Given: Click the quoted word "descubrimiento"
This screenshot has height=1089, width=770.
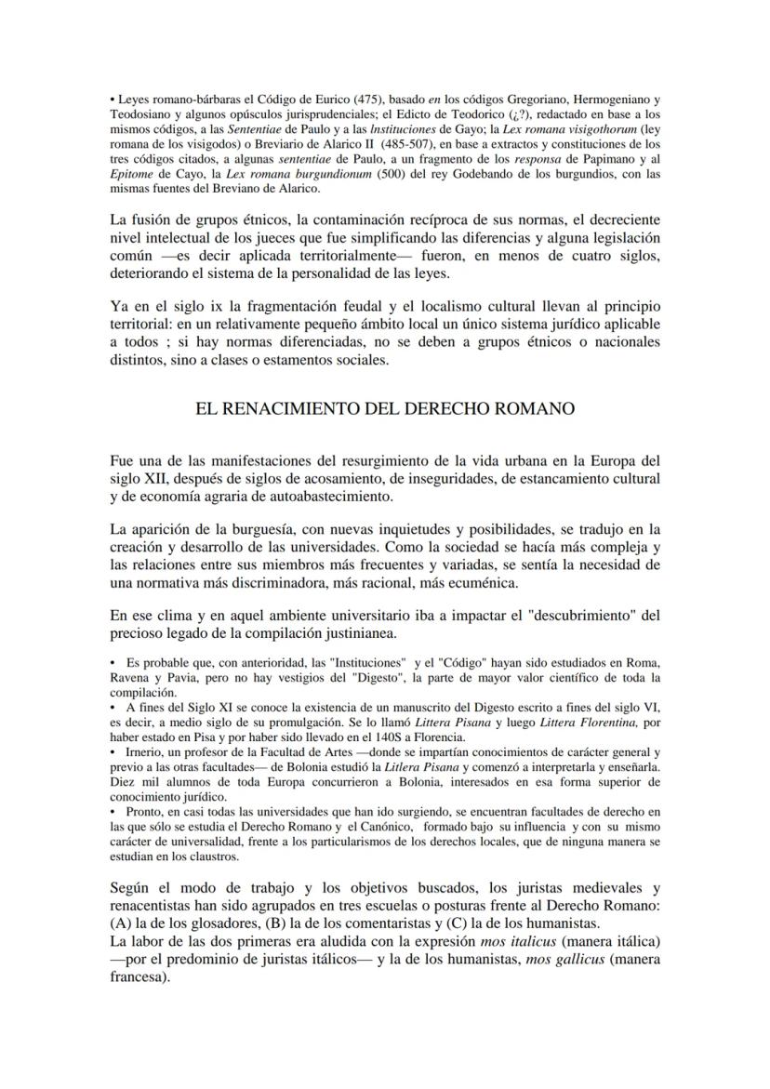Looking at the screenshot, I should [570, 616].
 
